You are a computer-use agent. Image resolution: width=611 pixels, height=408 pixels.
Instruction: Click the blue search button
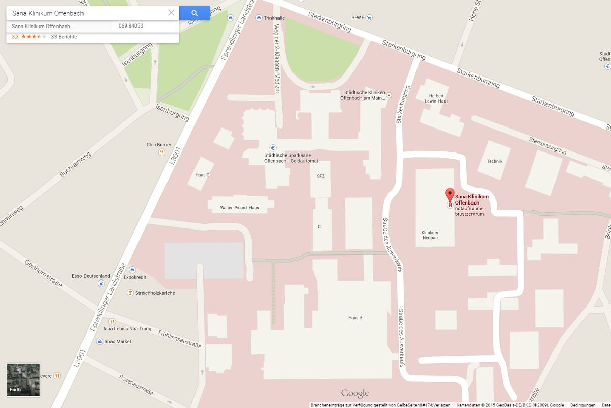point(195,13)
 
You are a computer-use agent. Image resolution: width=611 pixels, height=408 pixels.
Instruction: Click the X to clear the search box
point(171,13)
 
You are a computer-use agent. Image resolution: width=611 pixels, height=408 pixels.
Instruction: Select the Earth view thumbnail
point(23,379)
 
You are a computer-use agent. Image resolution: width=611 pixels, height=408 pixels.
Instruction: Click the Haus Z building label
point(355,318)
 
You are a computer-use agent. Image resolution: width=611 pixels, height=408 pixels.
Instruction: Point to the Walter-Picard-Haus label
point(239,208)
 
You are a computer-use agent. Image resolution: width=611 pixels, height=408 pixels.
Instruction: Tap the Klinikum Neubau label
point(430,235)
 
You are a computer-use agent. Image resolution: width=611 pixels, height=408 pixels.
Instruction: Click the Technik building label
point(494,161)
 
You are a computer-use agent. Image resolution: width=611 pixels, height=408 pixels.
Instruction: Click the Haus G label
point(202,175)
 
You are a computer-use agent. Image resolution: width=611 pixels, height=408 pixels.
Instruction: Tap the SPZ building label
point(321,176)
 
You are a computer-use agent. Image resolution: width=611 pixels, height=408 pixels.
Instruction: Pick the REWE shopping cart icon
point(369,18)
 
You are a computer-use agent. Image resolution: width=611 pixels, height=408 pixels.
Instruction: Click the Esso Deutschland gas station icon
point(101,283)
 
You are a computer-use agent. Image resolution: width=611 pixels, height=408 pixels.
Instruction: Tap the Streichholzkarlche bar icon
point(130,293)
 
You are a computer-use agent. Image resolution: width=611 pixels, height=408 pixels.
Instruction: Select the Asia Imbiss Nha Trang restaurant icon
point(112,322)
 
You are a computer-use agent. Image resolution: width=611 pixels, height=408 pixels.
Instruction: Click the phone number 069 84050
point(131,26)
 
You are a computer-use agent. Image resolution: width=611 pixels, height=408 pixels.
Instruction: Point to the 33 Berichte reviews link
point(64,37)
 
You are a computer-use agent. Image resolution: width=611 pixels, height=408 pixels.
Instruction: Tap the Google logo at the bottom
point(355,393)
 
